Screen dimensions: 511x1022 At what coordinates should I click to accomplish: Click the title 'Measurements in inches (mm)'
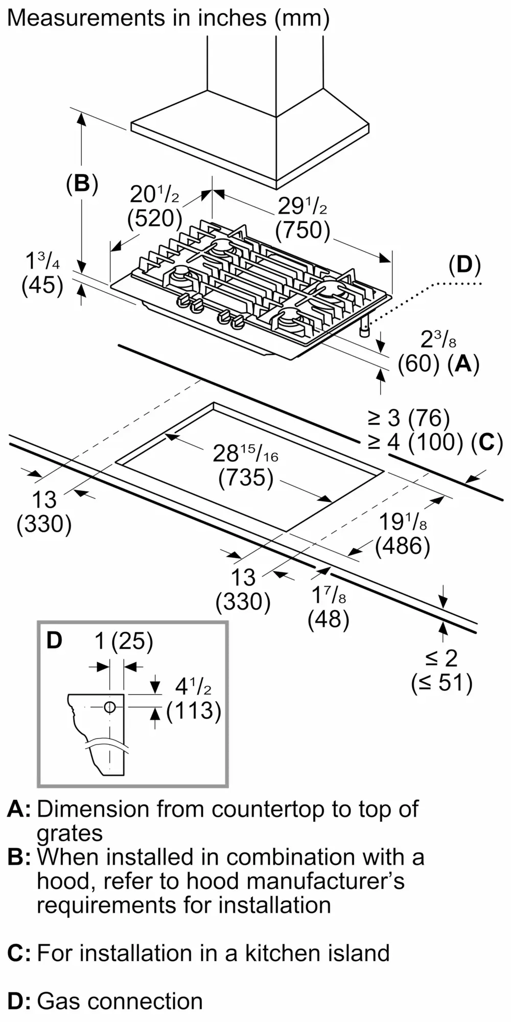[x=168, y=18]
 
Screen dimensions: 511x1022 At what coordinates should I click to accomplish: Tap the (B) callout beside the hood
[x=82, y=183]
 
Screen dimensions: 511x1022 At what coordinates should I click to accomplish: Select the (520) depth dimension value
[x=154, y=218]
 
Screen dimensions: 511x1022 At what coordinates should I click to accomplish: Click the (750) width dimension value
[x=303, y=230]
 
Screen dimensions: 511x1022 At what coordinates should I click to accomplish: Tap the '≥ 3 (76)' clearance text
[x=409, y=418]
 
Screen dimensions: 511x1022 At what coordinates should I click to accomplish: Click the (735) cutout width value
[x=246, y=478]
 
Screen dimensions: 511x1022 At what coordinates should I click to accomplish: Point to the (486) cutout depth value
[x=403, y=546]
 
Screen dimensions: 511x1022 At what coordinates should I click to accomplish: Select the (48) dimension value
[x=329, y=619]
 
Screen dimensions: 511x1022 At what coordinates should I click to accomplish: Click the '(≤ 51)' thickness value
[x=442, y=683]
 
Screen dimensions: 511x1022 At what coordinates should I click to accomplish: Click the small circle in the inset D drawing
[x=109, y=707]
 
